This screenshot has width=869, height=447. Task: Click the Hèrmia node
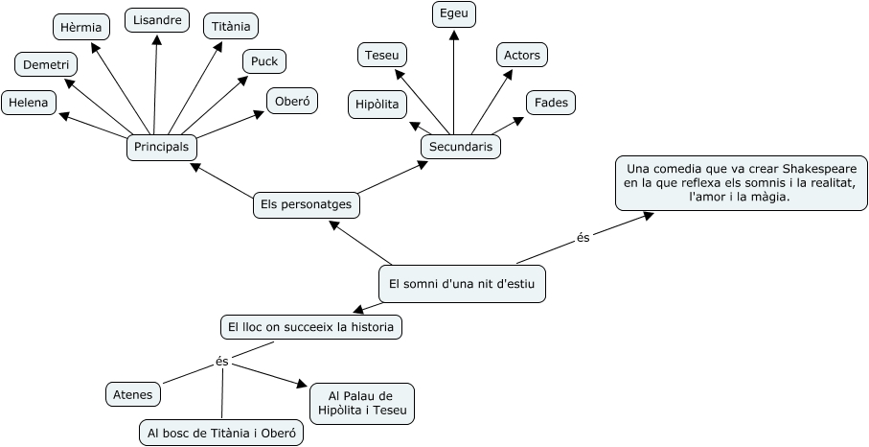click(80, 27)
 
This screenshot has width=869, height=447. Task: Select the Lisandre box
click(157, 20)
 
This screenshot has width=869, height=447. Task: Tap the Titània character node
click(231, 26)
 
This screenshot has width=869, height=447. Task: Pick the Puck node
click(263, 61)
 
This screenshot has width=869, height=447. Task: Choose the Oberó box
click(292, 100)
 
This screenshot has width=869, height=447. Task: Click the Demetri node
click(45, 64)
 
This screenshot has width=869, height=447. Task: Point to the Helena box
click(28, 103)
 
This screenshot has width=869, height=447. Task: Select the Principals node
click(161, 148)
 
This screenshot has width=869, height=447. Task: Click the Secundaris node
click(461, 147)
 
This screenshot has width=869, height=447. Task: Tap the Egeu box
click(454, 13)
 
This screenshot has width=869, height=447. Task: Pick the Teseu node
click(382, 55)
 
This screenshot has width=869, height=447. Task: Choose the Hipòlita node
click(377, 104)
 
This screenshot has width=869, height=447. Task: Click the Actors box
click(521, 55)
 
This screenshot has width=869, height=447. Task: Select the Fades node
click(551, 103)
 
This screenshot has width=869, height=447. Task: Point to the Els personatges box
click(306, 204)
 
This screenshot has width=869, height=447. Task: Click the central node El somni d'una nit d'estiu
click(462, 283)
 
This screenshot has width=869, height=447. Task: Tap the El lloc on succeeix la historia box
click(311, 327)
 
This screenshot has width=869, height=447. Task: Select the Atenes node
click(132, 393)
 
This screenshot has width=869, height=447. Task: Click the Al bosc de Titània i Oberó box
click(220, 434)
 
